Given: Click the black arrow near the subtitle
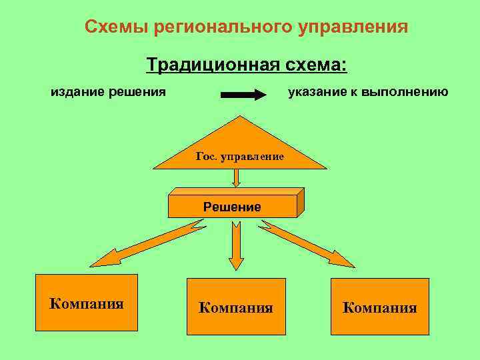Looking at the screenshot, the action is coord(243,95).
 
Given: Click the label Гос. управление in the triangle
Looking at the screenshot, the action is coord(240,156).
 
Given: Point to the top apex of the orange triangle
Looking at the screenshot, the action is coord(239,118).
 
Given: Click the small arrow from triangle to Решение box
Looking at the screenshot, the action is coord(236,177).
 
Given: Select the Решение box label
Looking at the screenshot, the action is coord(232,207).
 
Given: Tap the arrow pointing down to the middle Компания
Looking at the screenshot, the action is coord(236,245).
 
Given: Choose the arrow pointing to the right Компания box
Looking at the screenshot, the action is coord(307,244).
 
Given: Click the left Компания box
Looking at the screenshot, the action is coord(87,303).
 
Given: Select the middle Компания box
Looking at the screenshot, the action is coord(236,307).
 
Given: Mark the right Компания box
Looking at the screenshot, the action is coord(380,307).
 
